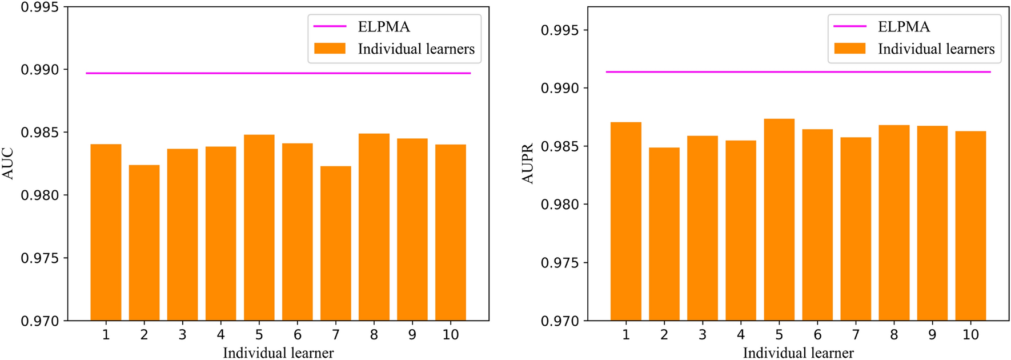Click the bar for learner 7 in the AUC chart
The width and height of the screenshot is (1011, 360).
[x=336, y=243]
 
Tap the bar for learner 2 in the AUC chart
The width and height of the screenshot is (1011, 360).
[x=144, y=242]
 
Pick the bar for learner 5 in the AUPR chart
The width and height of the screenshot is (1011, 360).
[x=779, y=219]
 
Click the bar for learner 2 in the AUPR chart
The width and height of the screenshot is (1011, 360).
[x=664, y=234]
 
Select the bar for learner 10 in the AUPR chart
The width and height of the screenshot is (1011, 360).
[x=970, y=226]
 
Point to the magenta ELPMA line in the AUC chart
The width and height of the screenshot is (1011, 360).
[x=278, y=73]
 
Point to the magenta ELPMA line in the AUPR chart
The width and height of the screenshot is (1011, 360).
[x=798, y=72]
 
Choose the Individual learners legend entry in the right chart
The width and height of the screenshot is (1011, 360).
[x=936, y=49]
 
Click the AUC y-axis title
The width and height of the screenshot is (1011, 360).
[x=9, y=164]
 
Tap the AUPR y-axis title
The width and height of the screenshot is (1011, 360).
[x=528, y=164]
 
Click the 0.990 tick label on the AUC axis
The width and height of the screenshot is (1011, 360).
[x=40, y=70]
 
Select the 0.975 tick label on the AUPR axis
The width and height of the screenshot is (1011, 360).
[x=560, y=263]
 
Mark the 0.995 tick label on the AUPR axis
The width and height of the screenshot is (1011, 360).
[x=560, y=30]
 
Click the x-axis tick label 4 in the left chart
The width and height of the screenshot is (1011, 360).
[x=220, y=335]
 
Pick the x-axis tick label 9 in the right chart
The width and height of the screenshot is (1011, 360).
[x=932, y=335]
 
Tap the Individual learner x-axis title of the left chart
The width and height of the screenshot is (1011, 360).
[x=278, y=353]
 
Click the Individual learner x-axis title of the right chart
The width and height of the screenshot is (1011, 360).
[x=798, y=353]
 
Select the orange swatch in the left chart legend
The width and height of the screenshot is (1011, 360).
[x=330, y=49]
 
